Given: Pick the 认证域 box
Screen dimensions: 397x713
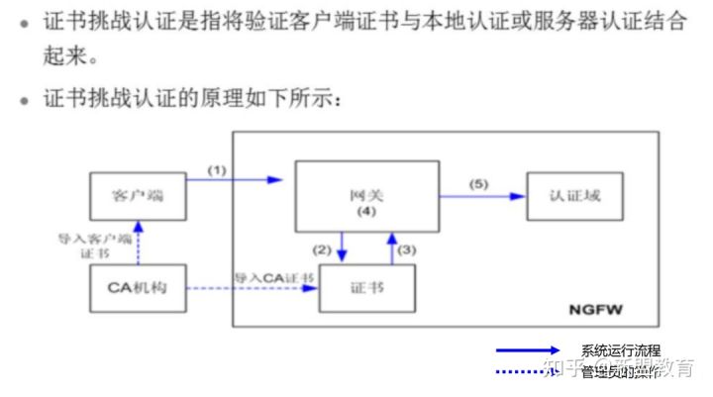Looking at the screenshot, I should (x=578, y=195).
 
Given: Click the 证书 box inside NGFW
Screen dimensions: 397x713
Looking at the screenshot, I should (x=367, y=288).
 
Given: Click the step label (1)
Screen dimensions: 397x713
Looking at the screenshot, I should (x=217, y=169).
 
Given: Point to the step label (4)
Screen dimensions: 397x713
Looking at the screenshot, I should (x=367, y=212).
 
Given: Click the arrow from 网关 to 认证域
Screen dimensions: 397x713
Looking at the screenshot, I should (x=482, y=196).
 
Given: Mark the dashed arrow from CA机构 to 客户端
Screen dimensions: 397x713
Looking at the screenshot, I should (x=138, y=243).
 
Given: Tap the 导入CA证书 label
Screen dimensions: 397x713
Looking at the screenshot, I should (x=274, y=277).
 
